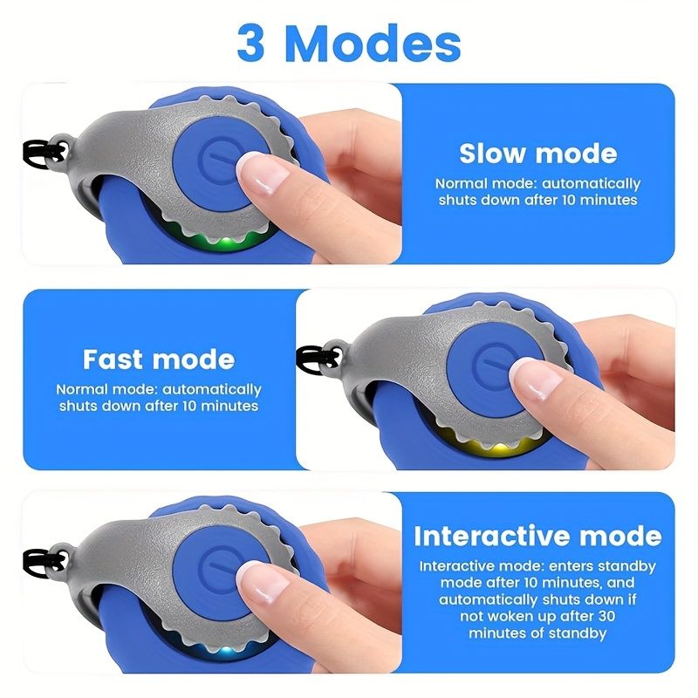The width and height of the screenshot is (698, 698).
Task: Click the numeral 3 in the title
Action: coord(251,43)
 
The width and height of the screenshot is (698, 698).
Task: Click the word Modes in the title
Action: coord(376,43)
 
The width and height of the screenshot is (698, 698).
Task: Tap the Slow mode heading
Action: coord(537,154)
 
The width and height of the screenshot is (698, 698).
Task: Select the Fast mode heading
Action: coord(159,359)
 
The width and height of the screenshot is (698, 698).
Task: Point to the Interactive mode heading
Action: coord(537,536)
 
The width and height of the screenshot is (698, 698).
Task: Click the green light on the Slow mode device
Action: coord(225,243)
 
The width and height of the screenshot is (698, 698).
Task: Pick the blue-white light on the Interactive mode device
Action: coord(226,651)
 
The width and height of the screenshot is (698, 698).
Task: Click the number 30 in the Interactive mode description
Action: coord(606,616)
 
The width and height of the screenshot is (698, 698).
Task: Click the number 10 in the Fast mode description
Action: coord(190,406)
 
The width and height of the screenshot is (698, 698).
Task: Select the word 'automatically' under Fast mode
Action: coord(212,390)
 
